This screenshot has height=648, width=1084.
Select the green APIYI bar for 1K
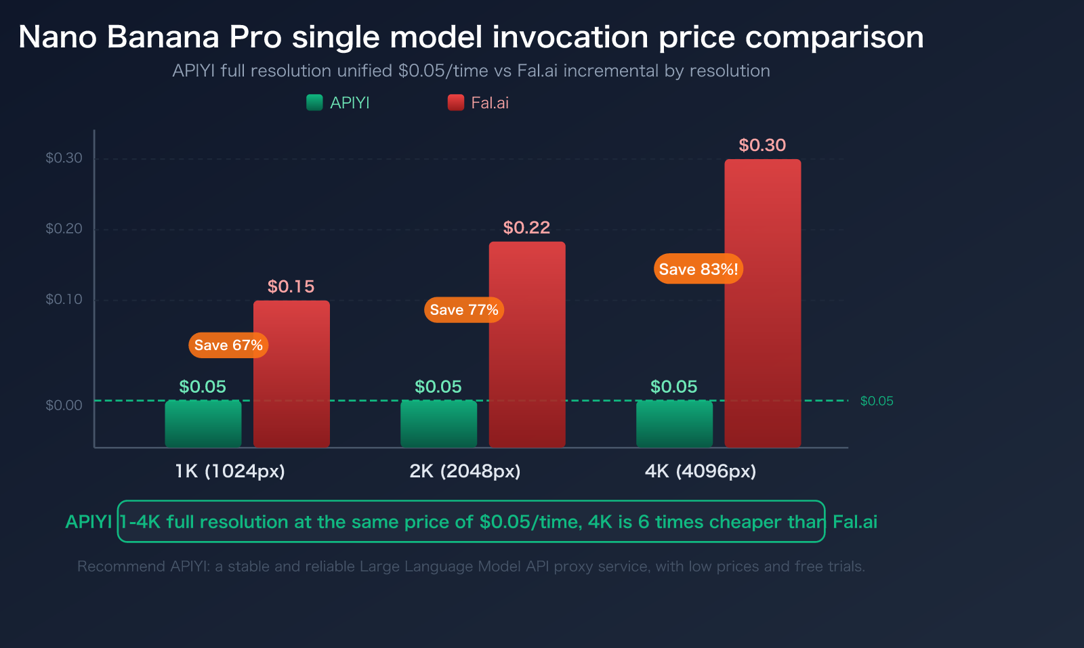[203, 424]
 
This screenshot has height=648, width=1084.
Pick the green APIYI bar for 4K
[674, 424]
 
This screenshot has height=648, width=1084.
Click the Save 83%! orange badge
[698, 269]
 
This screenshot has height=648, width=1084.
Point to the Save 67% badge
[228, 345]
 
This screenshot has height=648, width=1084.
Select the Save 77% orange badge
[464, 310]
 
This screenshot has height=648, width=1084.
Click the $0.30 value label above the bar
[762, 145]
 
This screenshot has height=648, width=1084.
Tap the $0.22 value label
[526, 228]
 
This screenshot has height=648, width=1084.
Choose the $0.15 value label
[291, 286]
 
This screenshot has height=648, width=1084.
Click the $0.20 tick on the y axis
[64, 229]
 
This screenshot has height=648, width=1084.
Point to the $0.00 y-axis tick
[64, 406]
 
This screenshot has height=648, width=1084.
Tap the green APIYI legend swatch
[314, 103]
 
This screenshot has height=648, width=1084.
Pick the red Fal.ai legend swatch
[456, 103]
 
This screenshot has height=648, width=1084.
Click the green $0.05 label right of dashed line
[877, 401]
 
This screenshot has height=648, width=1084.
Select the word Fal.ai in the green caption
[855, 522]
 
